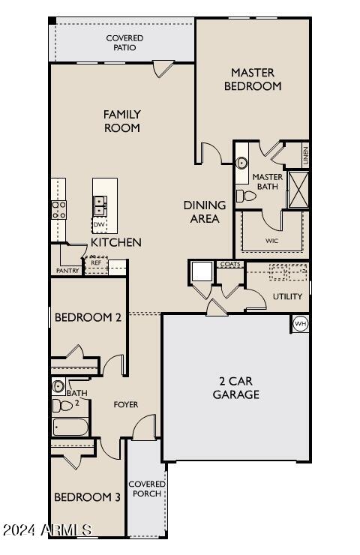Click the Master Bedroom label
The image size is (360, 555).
pos(252,79)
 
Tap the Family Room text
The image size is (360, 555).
pos(122,121)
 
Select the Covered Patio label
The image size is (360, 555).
pos(124,43)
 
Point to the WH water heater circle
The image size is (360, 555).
pos(301,324)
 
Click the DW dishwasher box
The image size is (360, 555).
pos(99,224)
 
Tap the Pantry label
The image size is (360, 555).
pos(67,271)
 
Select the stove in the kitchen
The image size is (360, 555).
pos(58,209)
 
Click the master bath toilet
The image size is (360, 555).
pos(246,196)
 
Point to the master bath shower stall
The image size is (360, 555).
pos(298,189)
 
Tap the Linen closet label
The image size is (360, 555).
pos(305,157)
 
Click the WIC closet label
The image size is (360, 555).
pos(271,241)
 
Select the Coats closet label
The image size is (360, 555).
pos(229,264)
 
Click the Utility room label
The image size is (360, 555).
pos(287,296)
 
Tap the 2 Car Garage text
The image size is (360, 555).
pos(236,388)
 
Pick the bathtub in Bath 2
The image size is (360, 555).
pos(70,427)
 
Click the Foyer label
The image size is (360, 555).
pos(125,405)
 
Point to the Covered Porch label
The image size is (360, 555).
pos(146,488)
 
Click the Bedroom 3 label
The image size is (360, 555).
pos(87,497)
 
